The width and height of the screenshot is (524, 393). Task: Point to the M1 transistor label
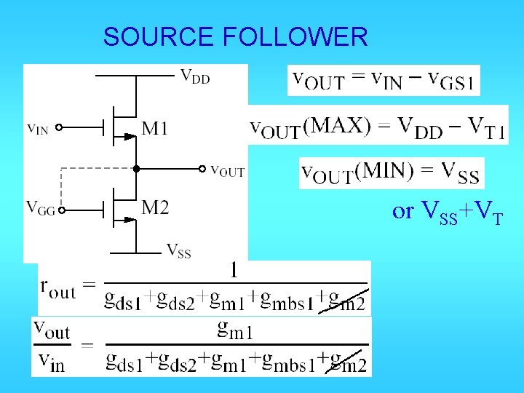coord(155,130)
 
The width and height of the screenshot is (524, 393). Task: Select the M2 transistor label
coord(155,209)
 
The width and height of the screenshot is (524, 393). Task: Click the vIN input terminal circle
coord(60,127)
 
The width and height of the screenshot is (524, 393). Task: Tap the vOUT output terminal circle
coord(203,169)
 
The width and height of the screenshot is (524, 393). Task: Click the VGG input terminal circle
coord(63,211)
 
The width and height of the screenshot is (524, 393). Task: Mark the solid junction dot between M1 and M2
coord(135,169)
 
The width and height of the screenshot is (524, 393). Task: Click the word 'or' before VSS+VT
coord(402,211)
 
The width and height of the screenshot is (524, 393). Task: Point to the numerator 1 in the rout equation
coord(234,271)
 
